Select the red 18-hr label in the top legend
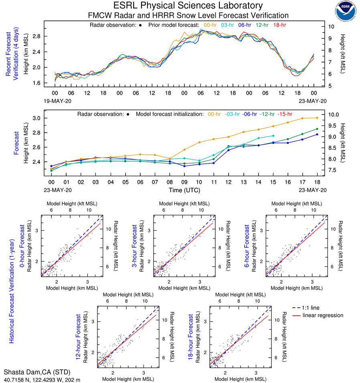279,25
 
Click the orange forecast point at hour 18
317,118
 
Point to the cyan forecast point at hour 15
273,136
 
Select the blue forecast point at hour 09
184,166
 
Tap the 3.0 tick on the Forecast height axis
36,118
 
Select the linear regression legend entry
323,315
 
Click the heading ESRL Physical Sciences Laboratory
188,6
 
